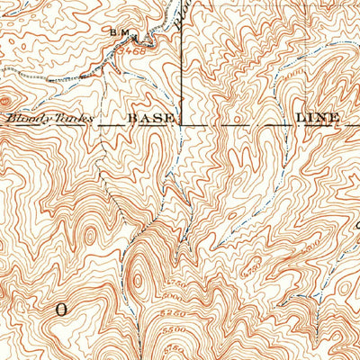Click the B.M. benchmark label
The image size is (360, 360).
[x=121, y=34]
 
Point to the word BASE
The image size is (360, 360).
[x=148, y=118]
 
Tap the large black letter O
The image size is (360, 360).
[x=61, y=308]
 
